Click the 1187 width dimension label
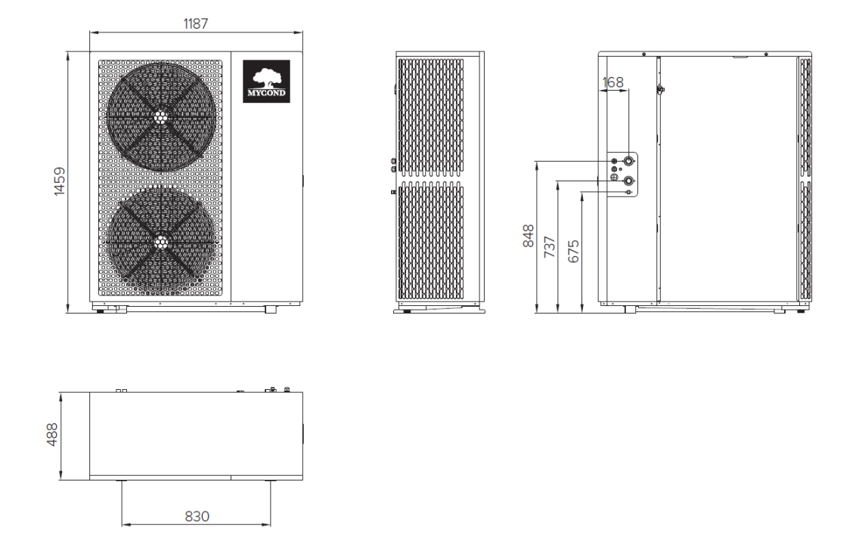(x=196, y=23)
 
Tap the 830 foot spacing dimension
(x=196, y=516)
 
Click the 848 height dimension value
(x=530, y=236)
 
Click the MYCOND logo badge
(x=266, y=81)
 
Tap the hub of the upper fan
(x=160, y=117)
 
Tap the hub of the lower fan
(x=160, y=243)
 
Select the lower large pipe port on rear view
(x=628, y=180)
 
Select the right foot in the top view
(x=270, y=481)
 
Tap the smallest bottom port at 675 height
(x=628, y=192)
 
